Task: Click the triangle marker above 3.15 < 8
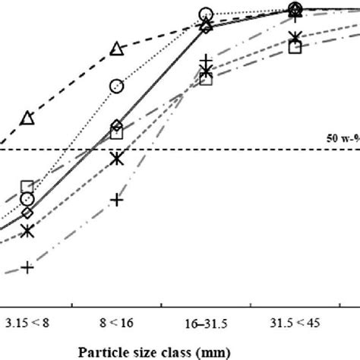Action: click(27, 118)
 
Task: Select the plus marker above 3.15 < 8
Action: click(27, 267)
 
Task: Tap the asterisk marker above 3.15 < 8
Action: click(27, 230)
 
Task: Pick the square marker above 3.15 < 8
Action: click(27, 187)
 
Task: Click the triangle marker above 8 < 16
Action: click(116, 49)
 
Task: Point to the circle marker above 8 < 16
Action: click(116, 86)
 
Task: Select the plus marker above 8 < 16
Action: click(116, 199)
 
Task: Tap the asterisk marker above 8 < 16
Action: click(116, 159)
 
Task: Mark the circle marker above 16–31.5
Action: click(206, 14)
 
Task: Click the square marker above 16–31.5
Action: click(206, 79)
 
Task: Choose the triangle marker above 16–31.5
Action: click(206, 26)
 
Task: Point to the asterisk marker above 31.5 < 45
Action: click(295, 36)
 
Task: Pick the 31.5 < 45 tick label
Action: click(295, 323)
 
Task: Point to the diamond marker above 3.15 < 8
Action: click(27, 212)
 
